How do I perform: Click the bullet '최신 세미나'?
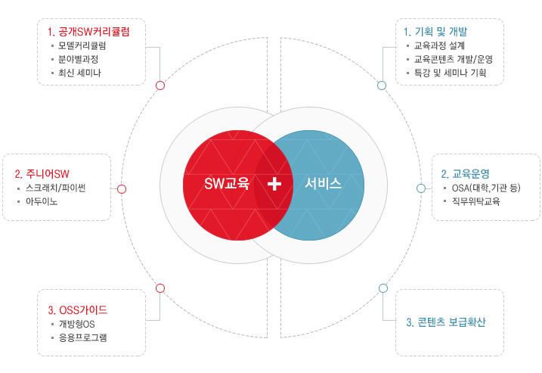coord(79,73)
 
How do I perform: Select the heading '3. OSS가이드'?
coord(77,309)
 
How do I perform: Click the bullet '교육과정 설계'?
coord(440,46)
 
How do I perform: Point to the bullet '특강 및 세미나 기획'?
coord(451,73)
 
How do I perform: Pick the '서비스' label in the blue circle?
coord(324,183)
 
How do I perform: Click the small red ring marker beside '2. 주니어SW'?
coord(122,188)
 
